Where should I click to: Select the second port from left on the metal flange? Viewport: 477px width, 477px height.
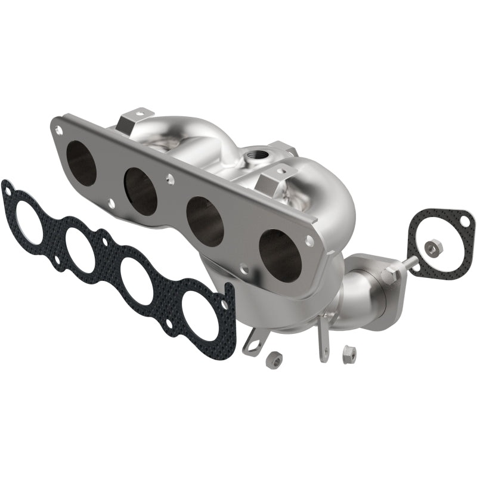[141, 191]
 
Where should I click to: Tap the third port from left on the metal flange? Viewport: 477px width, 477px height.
[205, 221]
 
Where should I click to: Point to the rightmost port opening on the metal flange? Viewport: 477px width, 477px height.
[279, 255]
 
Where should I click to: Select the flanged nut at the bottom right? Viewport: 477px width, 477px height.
[348, 354]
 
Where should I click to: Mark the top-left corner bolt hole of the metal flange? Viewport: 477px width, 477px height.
[58, 126]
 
